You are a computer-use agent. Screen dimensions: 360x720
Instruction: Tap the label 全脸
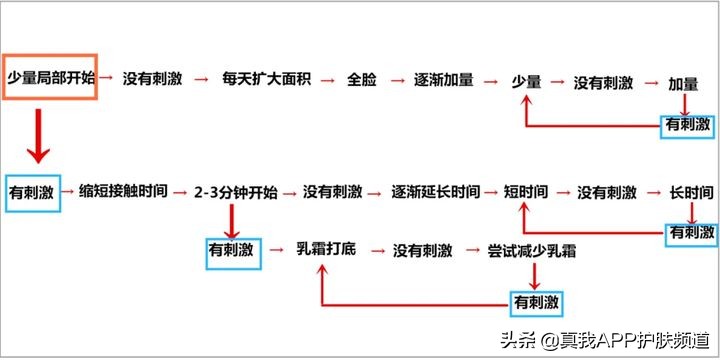362,78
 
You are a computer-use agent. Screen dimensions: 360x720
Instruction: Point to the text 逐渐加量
444,78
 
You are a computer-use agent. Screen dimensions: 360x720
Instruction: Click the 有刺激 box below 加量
689,124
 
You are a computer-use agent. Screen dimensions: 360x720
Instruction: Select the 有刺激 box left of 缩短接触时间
31,191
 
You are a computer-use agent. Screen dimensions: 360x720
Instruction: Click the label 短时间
526,191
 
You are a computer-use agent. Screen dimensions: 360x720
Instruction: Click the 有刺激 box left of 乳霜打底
231,248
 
